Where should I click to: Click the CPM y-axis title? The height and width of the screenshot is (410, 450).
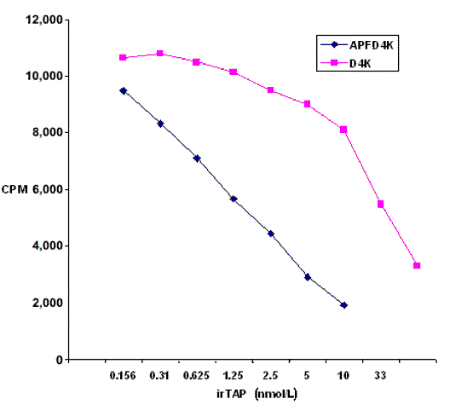[x=16, y=189]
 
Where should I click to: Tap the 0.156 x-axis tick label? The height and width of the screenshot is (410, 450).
[x=123, y=374]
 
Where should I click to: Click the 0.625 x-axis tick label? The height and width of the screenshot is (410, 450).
[x=197, y=374]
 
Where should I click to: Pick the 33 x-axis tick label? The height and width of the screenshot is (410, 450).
[x=380, y=374]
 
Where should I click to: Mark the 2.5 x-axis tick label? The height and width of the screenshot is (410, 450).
[x=270, y=374]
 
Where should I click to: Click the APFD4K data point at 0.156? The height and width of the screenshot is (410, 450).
[x=124, y=90]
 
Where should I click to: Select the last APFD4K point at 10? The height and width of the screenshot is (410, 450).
[x=343, y=304]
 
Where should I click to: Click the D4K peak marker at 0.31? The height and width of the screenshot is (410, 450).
[x=160, y=54]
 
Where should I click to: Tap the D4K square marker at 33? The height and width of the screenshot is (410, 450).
[x=380, y=204]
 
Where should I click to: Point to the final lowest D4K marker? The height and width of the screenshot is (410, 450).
[x=417, y=266]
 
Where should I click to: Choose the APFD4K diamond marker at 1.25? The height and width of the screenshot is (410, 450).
[x=234, y=199]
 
